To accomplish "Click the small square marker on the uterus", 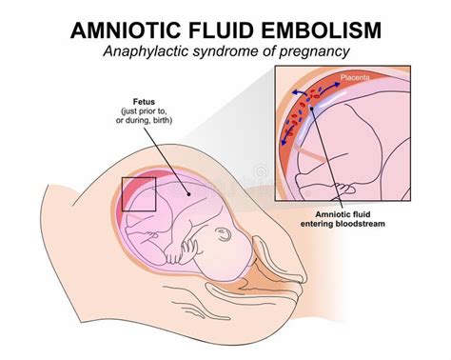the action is click(x=138, y=193).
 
